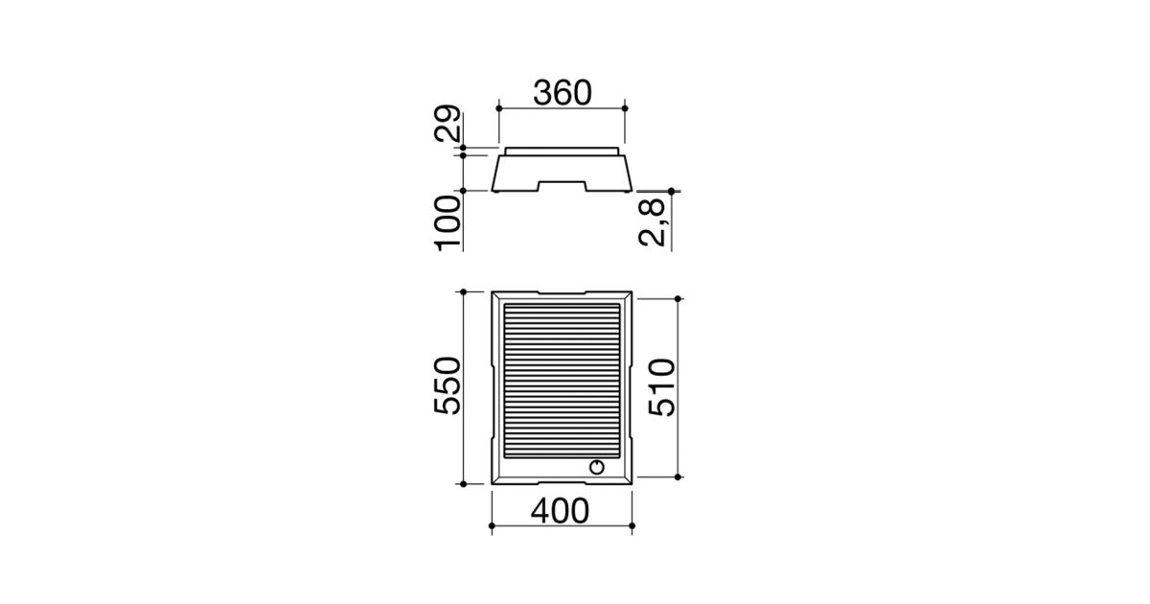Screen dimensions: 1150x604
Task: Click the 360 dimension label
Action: (563, 93)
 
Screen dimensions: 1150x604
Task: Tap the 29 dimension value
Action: (448, 124)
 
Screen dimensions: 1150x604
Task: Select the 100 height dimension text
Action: (448, 223)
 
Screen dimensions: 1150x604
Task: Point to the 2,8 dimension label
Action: (652, 222)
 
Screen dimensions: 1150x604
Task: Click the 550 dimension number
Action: (448, 385)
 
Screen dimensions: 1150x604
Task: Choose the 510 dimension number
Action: (662, 387)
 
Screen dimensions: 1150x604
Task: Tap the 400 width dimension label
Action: (560, 511)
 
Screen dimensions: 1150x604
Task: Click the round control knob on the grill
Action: (596, 468)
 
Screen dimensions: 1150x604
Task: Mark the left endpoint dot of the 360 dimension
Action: (499, 108)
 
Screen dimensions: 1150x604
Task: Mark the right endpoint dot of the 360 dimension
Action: (625, 108)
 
